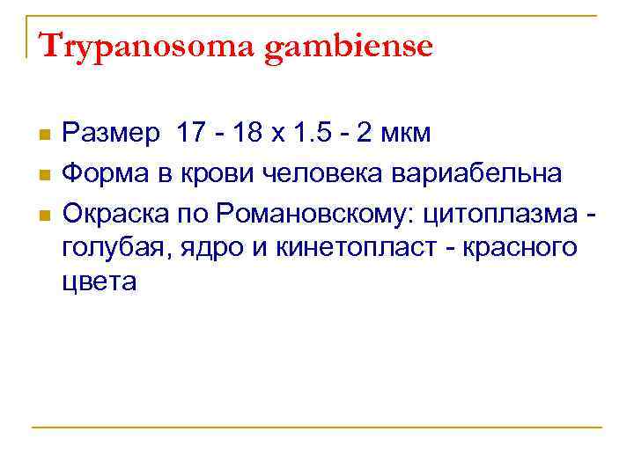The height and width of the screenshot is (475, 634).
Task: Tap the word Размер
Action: point(111,135)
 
